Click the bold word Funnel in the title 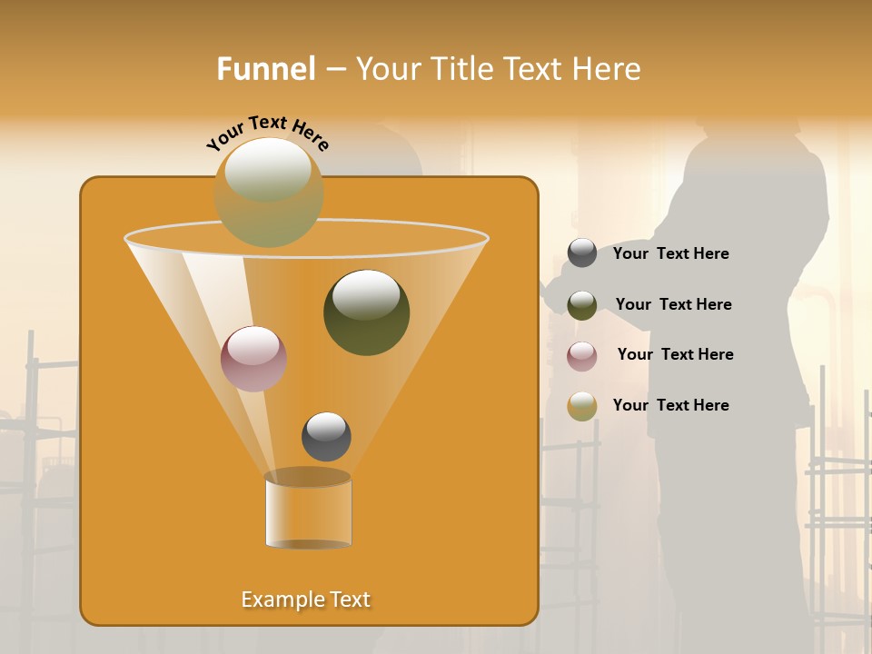[x=266, y=69]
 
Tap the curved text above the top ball [x=268, y=132]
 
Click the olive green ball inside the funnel [x=366, y=312]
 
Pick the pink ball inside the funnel [x=253, y=359]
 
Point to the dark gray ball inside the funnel [x=326, y=437]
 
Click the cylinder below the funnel [x=308, y=510]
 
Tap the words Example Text [x=305, y=599]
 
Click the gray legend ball [x=582, y=253]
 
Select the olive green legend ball [x=582, y=305]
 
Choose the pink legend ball [x=582, y=356]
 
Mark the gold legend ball [x=582, y=406]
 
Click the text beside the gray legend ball [x=670, y=254]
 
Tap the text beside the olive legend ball [x=673, y=305]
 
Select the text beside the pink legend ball [x=675, y=355]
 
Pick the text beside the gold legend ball [x=670, y=405]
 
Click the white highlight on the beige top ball [x=268, y=169]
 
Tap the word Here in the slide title [x=607, y=69]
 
